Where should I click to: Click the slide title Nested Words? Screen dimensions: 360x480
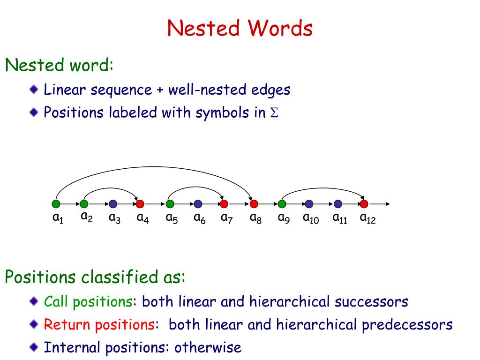tap(240, 28)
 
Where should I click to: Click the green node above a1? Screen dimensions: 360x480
tap(56, 204)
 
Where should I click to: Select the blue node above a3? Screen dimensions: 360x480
tap(113, 204)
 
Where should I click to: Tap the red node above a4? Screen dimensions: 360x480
tap(140, 204)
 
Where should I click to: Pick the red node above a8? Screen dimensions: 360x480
tap(254, 204)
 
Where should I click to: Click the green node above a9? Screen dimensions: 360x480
tap(282, 204)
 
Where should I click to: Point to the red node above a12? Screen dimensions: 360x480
tap(364, 204)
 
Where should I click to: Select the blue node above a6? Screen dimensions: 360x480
tap(198, 204)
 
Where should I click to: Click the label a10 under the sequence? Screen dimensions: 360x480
tap(310, 218)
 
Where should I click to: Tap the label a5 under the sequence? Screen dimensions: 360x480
tap(171, 218)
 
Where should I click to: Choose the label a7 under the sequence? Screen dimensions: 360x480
tap(227, 218)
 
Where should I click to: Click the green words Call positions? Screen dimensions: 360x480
tap(88, 301)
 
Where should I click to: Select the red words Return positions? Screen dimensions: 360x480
tap(99, 324)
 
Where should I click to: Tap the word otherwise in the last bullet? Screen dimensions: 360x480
tap(208, 347)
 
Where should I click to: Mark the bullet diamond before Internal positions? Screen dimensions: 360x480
tap(34, 347)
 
